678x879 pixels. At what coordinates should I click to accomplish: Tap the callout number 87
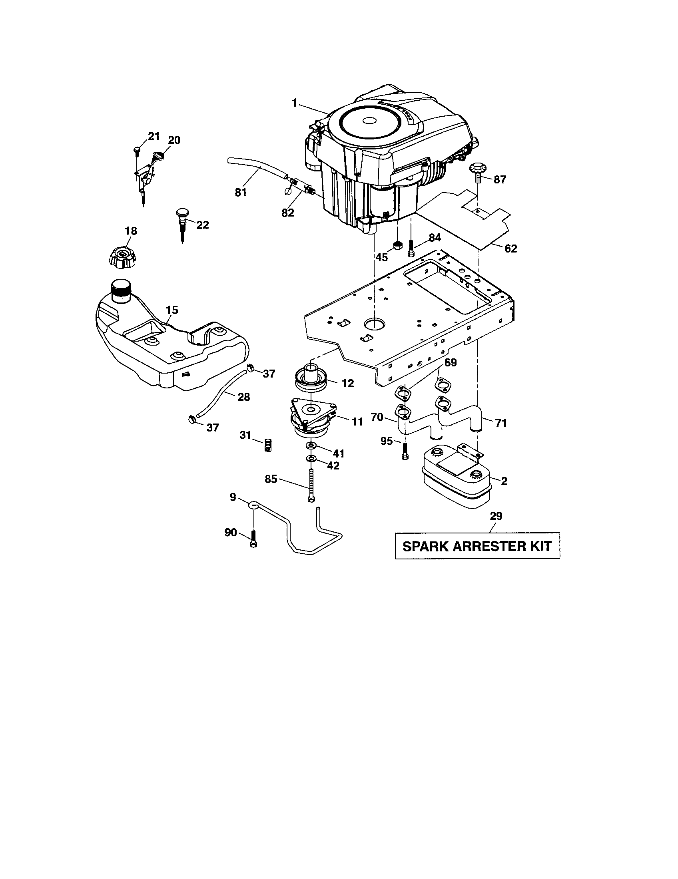pos(499,180)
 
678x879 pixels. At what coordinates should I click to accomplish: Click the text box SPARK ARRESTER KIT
pos(477,546)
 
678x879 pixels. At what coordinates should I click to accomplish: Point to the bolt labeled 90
pos(253,539)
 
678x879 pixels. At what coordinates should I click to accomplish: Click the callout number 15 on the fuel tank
pos(171,310)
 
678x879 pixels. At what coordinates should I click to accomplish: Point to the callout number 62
pos(510,249)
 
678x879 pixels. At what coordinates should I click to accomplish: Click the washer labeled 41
pos(311,446)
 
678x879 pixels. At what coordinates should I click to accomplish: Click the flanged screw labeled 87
pos(478,171)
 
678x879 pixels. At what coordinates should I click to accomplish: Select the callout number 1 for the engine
pos(295,103)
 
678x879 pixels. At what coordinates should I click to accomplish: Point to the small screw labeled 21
pos(136,151)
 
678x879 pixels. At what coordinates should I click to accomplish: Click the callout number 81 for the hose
pos(241,193)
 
